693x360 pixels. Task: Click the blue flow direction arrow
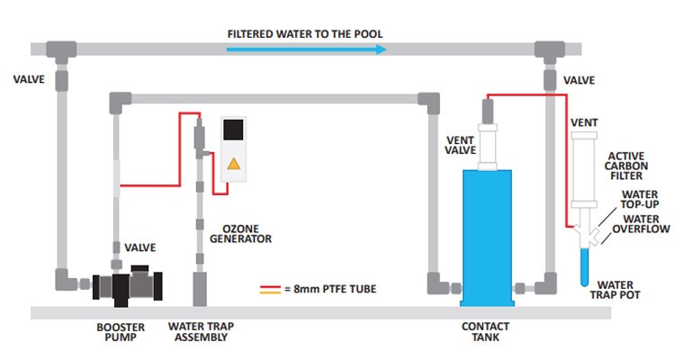click(306, 50)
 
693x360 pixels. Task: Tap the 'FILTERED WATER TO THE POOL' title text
click(305, 34)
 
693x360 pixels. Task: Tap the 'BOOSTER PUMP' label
click(120, 332)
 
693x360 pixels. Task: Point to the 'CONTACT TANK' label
click(487, 332)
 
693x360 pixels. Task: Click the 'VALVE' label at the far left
click(27, 78)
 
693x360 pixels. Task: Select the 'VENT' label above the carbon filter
click(584, 122)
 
